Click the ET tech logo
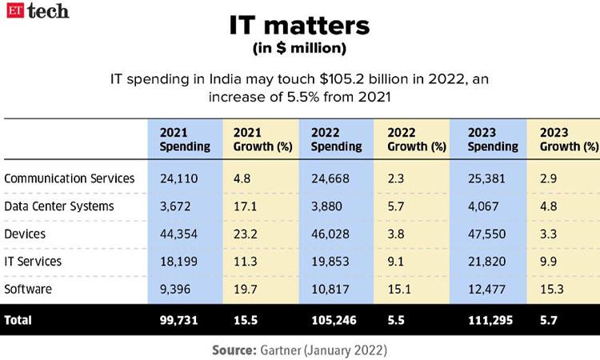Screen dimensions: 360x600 pos(38,11)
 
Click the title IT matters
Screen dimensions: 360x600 pos(299,26)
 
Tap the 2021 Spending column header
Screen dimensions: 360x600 pos(185,139)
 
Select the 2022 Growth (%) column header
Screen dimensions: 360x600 pos(416,139)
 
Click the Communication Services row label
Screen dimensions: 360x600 pos(70,178)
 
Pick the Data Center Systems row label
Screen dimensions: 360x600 pos(58,206)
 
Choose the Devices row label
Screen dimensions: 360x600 pos(26,233)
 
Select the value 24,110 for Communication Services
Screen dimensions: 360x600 pos(177,178)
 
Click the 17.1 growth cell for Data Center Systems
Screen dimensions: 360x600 pos(245,206)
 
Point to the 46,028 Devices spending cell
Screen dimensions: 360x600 pos(330,233)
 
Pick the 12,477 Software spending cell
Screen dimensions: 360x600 pos(482,288)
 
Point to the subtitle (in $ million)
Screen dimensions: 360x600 pos(299,48)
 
